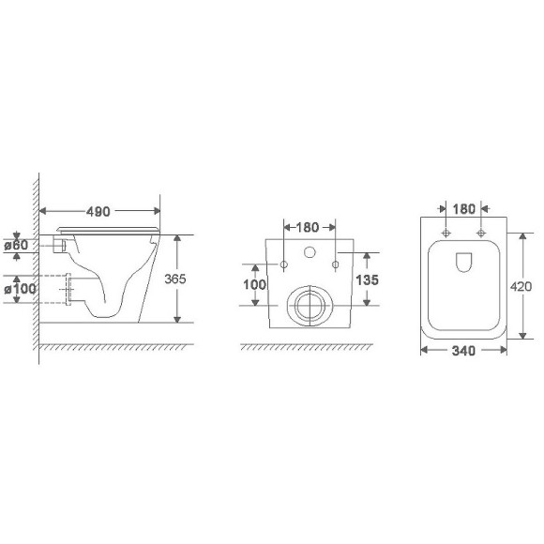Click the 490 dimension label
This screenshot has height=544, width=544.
(98, 211)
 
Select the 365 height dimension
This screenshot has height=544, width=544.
(175, 279)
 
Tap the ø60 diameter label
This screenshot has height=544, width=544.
(16, 246)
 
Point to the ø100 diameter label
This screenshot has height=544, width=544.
(20, 289)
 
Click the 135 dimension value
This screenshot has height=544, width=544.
(367, 280)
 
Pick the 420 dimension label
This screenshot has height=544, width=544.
(521, 287)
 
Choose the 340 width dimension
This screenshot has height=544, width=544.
(463, 351)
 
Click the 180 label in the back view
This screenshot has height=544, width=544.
(307, 228)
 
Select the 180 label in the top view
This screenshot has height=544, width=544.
(464, 209)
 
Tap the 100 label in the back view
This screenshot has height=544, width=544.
(255, 285)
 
